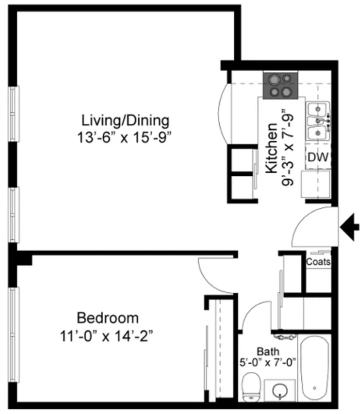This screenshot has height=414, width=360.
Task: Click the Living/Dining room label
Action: (125, 121)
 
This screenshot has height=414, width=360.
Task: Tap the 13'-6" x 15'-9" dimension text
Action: (124, 137)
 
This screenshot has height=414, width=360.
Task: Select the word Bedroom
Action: (107, 318)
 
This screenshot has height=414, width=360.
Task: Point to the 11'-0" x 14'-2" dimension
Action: (106, 336)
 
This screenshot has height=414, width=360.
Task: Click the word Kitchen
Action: (271, 148)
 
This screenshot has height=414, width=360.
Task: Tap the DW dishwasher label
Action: (318, 157)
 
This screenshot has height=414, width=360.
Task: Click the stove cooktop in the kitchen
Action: (280, 86)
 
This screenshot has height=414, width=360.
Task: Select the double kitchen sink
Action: (318, 121)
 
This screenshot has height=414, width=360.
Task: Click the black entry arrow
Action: (350, 227)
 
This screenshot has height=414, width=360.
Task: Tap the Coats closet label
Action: (318, 262)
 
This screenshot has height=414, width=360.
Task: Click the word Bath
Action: (268, 352)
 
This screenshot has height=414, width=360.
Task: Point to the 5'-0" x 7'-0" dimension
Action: (267, 362)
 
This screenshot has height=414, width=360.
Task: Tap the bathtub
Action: (315, 368)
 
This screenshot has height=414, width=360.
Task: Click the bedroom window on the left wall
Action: (14, 335)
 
